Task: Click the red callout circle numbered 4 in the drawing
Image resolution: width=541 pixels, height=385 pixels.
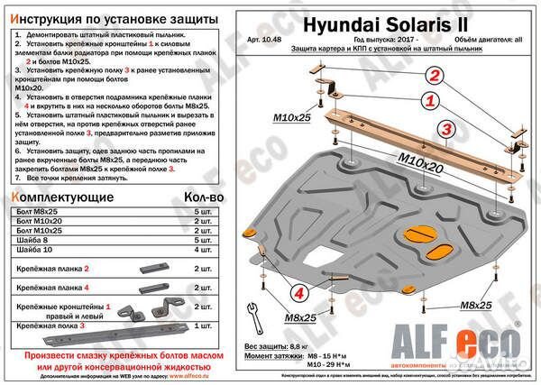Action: [x=298, y=291]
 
